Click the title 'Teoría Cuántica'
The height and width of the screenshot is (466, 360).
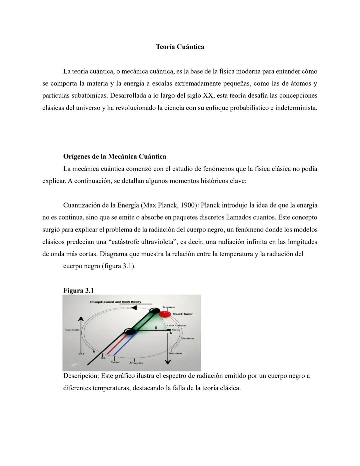click(180, 47)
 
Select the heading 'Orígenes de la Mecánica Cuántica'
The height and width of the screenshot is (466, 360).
click(114, 156)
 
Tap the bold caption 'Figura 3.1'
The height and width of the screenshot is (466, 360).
click(78, 291)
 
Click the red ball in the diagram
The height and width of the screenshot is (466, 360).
click(165, 314)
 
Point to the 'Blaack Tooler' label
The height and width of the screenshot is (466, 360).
click(182, 314)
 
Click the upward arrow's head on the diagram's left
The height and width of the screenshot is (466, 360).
click(80, 319)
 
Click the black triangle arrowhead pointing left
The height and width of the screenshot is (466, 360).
click(133, 308)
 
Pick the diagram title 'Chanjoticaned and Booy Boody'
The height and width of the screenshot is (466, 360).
click(115, 302)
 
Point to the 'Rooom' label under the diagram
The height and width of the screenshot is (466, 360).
click(115, 362)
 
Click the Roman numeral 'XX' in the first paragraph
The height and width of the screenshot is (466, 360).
click(208, 96)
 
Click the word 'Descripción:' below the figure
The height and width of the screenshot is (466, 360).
click(81, 376)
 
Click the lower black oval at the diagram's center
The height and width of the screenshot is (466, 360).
click(130, 331)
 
